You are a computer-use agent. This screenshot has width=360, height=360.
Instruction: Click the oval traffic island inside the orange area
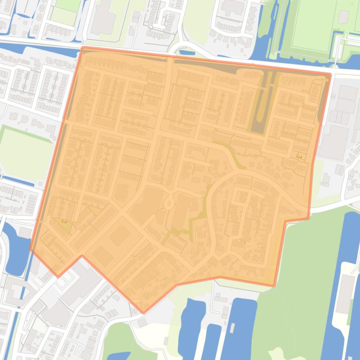click(x=169, y=203)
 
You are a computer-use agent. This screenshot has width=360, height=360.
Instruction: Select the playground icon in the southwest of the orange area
click(x=64, y=221)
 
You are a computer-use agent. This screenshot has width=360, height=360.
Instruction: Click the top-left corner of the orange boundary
click(x=82, y=47)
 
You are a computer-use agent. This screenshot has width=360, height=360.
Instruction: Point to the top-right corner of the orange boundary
click(x=331, y=73)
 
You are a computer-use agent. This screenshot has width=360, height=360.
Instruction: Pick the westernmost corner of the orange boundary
click(x=31, y=250)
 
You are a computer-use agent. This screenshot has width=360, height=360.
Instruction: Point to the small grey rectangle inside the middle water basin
click(x=232, y=327)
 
